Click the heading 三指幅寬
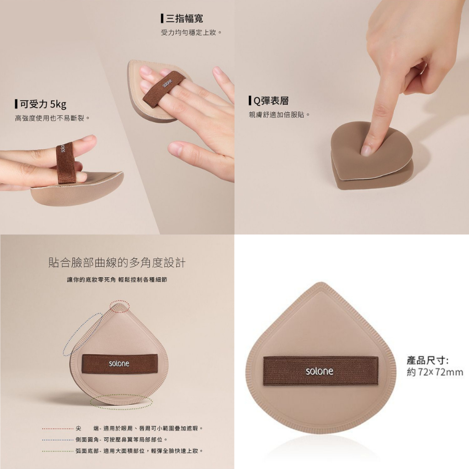[x=185, y=18]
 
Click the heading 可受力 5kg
[x=43, y=104]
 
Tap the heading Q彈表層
[x=271, y=101]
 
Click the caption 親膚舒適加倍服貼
[x=277, y=115]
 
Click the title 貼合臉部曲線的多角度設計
[x=117, y=262]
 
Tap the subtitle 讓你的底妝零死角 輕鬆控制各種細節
[x=117, y=280]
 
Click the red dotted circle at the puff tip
[x=120, y=300]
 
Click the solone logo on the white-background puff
[x=319, y=371]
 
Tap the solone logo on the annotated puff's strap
[x=119, y=363]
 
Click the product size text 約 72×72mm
[x=435, y=372]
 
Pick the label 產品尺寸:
[x=427, y=360]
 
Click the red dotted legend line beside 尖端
[x=57, y=429]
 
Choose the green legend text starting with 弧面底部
[x=139, y=451]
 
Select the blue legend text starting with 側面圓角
[x=121, y=440]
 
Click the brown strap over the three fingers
[x=164, y=87]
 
